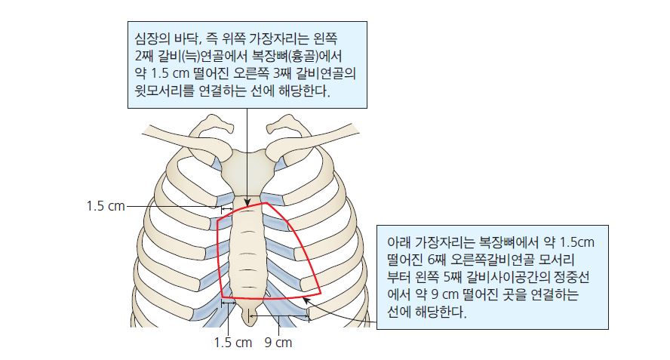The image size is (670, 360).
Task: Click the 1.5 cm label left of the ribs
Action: (106, 206)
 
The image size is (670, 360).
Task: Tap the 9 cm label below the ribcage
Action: (278, 343)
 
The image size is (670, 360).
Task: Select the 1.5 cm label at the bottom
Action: (233, 343)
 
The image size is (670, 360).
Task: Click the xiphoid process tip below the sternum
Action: (247, 322)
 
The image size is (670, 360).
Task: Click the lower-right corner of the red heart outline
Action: (321, 294)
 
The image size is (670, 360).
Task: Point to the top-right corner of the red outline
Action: (266, 203)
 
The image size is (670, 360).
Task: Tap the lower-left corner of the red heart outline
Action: (222, 297)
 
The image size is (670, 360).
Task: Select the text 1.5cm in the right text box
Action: (576, 242)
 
